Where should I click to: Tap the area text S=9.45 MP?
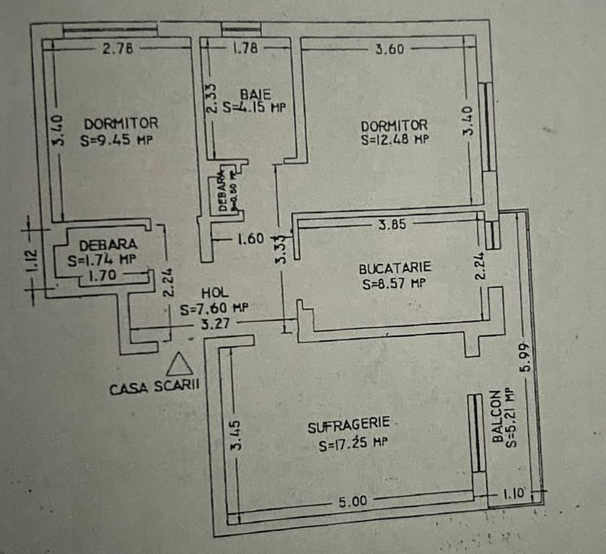[x=119, y=140]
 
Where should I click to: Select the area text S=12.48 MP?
[x=395, y=138]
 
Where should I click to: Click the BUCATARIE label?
[x=395, y=268]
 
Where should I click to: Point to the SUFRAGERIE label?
[x=349, y=426]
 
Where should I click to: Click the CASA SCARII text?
[x=154, y=387]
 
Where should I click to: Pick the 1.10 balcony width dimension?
[x=513, y=494]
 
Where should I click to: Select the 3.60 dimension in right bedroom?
[x=390, y=50]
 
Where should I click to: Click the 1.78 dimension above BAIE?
[x=245, y=49]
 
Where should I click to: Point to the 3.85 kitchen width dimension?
[x=393, y=224]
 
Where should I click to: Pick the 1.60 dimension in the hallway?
[x=249, y=238]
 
